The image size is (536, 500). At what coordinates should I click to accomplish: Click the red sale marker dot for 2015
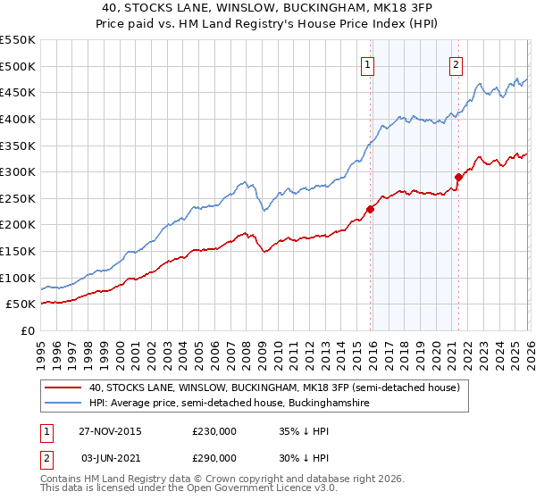pos(370,209)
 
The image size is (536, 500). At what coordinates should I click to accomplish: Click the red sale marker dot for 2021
pos(458,177)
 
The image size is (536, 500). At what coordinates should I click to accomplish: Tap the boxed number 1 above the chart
pos(368,63)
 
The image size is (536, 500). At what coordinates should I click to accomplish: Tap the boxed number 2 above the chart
pos(456,63)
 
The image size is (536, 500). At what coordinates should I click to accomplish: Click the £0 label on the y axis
pos(28,330)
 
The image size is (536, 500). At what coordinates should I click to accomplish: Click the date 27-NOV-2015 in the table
pos(111,430)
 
